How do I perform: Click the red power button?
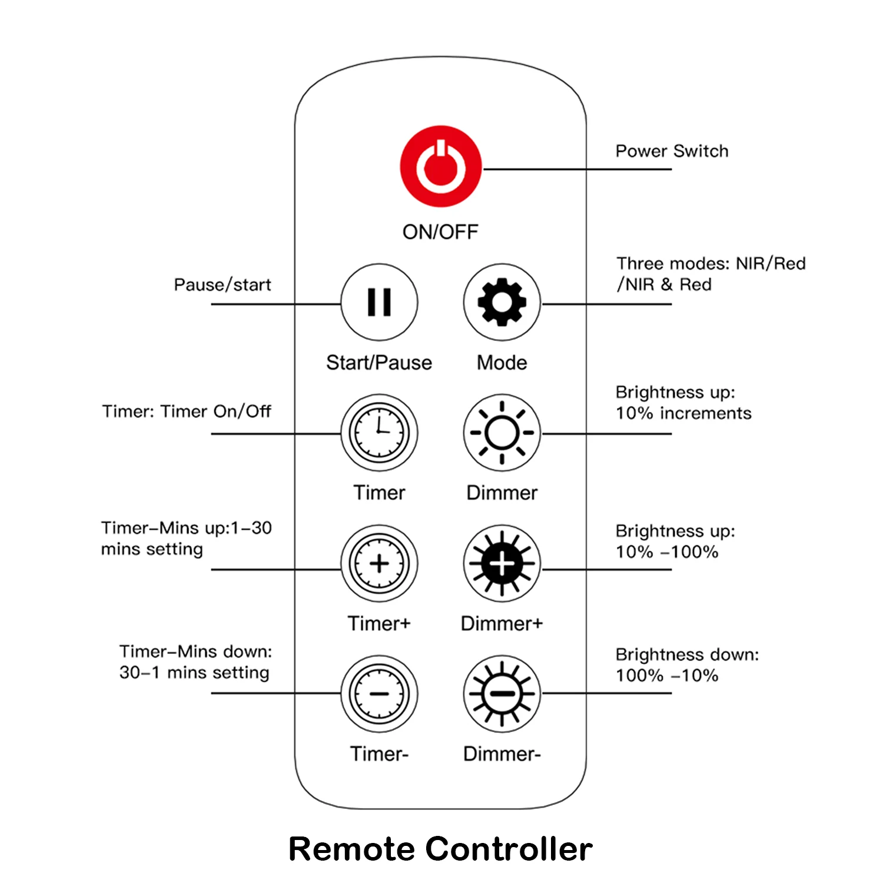[440, 166]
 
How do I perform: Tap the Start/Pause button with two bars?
[379, 302]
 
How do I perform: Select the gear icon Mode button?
[502, 302]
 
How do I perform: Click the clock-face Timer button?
[379, 433]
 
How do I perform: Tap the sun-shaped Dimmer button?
[502, 433]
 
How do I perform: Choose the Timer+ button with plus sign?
[379, 563]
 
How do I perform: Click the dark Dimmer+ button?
[502, 563]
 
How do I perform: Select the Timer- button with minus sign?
[379, 693]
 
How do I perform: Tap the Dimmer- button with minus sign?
[502, 693]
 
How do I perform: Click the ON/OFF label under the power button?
[440, 232]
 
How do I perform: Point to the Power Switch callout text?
[672, 151]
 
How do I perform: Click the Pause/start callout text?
[223, 285]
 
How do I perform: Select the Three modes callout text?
[711, 274]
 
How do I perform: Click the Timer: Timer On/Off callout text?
[187, 411]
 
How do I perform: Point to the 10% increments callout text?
[683, 413]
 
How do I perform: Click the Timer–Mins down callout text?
[195, 662]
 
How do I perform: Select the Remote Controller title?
[440, 849]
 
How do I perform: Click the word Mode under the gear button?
[502, 363]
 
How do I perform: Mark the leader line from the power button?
[577, 170]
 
